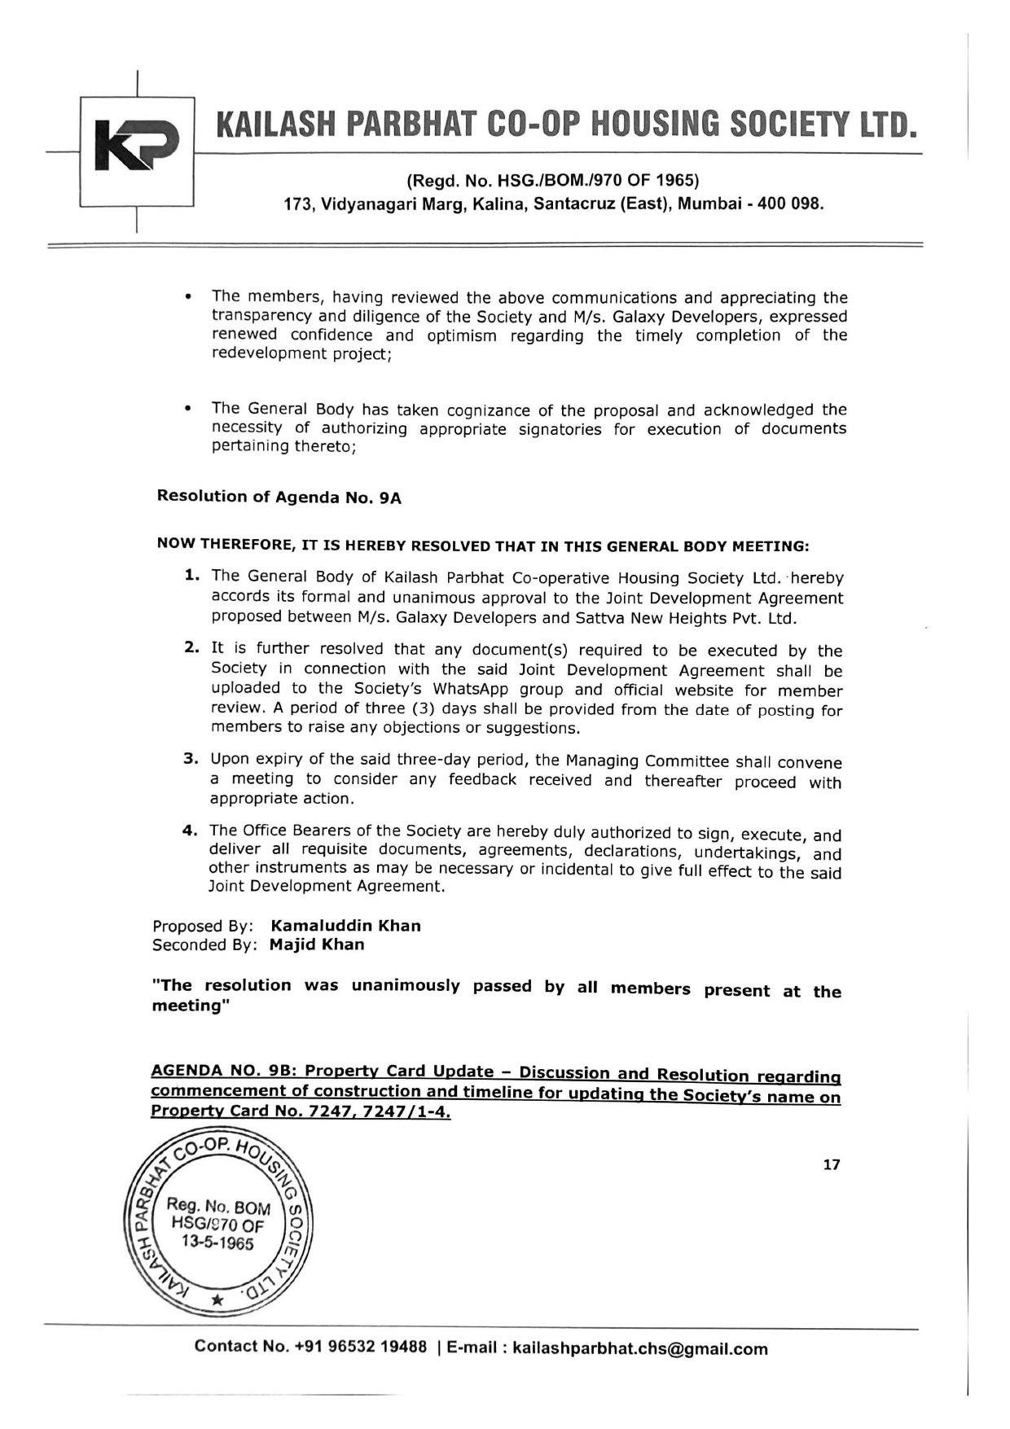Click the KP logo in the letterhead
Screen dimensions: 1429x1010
coord(136,151)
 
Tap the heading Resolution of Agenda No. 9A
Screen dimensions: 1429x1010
coord(279,497)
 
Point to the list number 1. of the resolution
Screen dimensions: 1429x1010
coord(192,576)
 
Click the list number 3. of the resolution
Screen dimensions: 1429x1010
coord(191,759)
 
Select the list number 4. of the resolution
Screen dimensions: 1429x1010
coord(191,831)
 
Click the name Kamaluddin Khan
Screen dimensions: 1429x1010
coord(345,926)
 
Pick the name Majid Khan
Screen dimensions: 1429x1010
coord(317,945)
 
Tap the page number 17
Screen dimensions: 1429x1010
coord(831,1164)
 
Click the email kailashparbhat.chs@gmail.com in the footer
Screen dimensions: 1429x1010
coord(639,1349)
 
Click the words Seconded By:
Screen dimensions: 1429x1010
coord(204,945)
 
